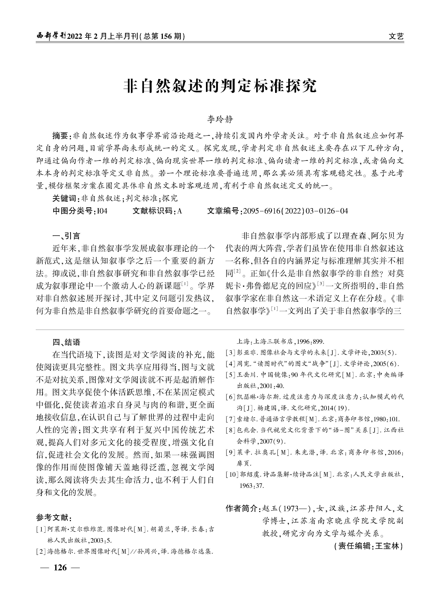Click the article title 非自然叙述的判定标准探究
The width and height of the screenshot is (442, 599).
pyautogui.click(x=220, y=86)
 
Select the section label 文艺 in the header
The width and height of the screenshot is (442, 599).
pyautogui.click(x=396, y=36)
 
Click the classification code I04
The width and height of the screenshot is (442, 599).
pyautogui.click(x=102, y=211)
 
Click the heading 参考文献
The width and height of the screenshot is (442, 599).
pyautogui.click(x=53, y=518)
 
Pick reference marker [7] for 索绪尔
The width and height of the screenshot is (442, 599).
pyautogui.click(x=230, y=419)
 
